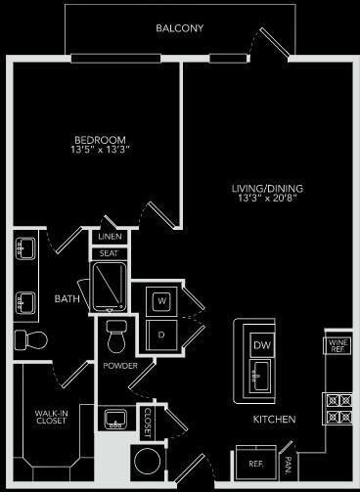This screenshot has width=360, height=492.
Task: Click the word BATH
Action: [x=67, y=298]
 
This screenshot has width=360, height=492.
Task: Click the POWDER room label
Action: [x=120, y=365]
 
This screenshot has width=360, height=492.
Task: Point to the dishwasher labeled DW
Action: [x=261, y=344]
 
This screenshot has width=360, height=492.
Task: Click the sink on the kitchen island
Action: [x=261, y=372]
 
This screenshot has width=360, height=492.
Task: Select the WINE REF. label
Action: [x=336, y=345]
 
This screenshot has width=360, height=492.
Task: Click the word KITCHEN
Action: [x=275, y=419]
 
